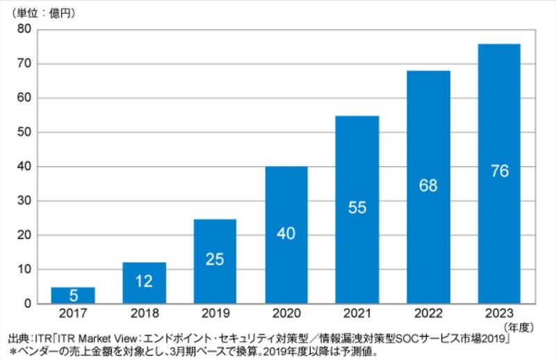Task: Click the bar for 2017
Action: point(74,295)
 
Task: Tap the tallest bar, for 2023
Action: point(499,174)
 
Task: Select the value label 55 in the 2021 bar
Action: point(357,208)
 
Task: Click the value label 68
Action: point(428,186)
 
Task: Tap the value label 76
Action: point(499,171)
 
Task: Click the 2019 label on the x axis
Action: point(215,313)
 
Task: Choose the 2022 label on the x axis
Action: point(428,313)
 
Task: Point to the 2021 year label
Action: point(357,313)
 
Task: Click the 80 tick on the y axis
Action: point(25,29)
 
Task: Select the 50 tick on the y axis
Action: point(25,132)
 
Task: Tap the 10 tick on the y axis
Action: point(25,270)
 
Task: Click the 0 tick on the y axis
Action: point(28,304)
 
